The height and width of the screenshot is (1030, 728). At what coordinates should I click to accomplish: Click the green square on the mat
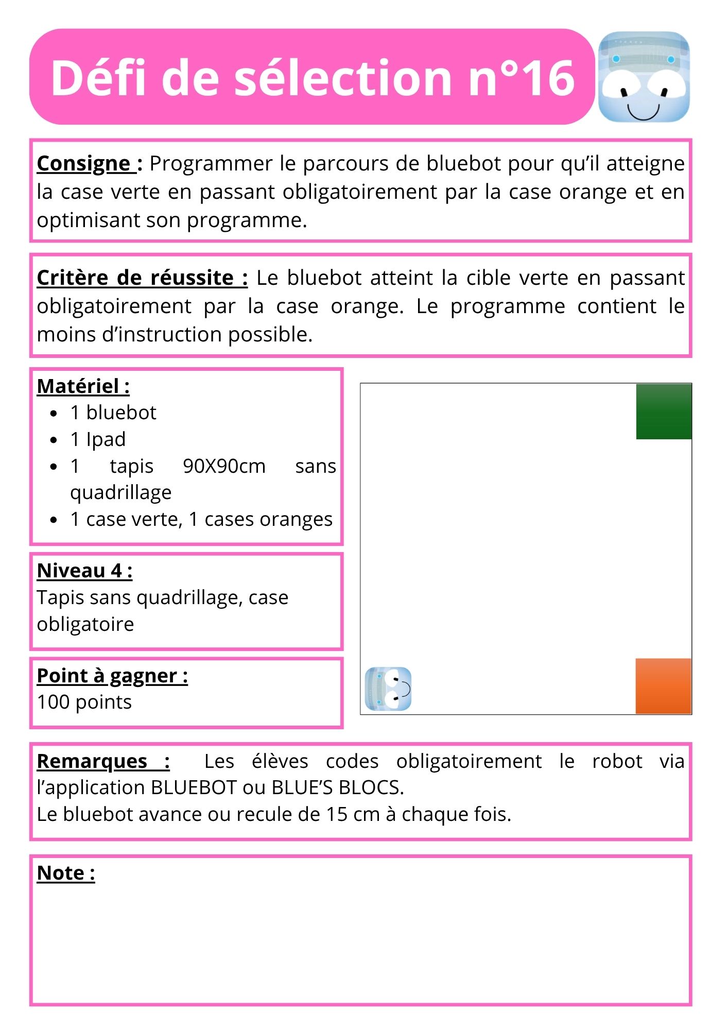pos(663,411)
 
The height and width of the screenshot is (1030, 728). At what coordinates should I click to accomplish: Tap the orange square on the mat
pos(663,686)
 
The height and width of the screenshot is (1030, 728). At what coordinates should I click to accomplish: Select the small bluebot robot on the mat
pos(388,689)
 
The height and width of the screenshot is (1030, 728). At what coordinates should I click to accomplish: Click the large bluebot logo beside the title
pos(644,77)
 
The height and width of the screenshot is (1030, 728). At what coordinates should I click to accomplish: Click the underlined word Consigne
pos(84,164)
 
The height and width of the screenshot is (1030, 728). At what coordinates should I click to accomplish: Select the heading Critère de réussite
pos(142,278)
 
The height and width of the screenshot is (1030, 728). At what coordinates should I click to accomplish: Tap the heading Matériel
pos(83,386)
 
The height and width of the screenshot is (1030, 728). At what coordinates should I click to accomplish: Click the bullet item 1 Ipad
pos(98,439)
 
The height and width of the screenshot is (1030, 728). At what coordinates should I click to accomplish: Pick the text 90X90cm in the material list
pos(224,466)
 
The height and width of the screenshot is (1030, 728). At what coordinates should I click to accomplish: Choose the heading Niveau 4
pos(84,571)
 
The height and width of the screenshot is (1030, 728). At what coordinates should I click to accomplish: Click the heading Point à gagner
pos(112,676)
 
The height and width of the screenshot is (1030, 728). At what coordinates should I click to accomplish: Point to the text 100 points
pos(84,702)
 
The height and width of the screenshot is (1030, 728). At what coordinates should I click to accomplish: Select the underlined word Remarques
pos(93,761)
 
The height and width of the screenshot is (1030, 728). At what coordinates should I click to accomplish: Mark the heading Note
pos(66,873)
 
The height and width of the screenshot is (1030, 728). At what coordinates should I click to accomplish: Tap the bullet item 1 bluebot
pos(113,413)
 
